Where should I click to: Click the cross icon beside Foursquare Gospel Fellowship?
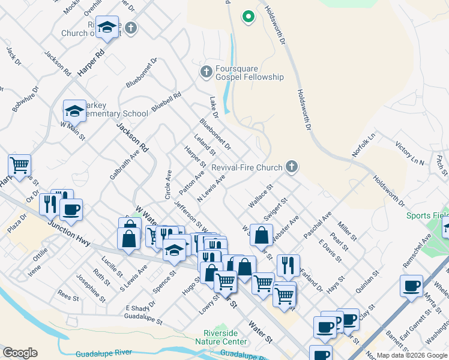coord(206,72)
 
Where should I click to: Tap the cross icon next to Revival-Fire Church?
coord(292,167)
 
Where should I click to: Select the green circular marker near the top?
coord(247,17)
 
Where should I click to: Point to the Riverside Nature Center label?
coord(221,337)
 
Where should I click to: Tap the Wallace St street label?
coord(261,196)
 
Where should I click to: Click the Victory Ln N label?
coord(409,154)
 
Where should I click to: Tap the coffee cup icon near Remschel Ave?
coord(412,287)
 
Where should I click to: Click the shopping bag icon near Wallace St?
coord(261,235)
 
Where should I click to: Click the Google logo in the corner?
coord(20,353)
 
